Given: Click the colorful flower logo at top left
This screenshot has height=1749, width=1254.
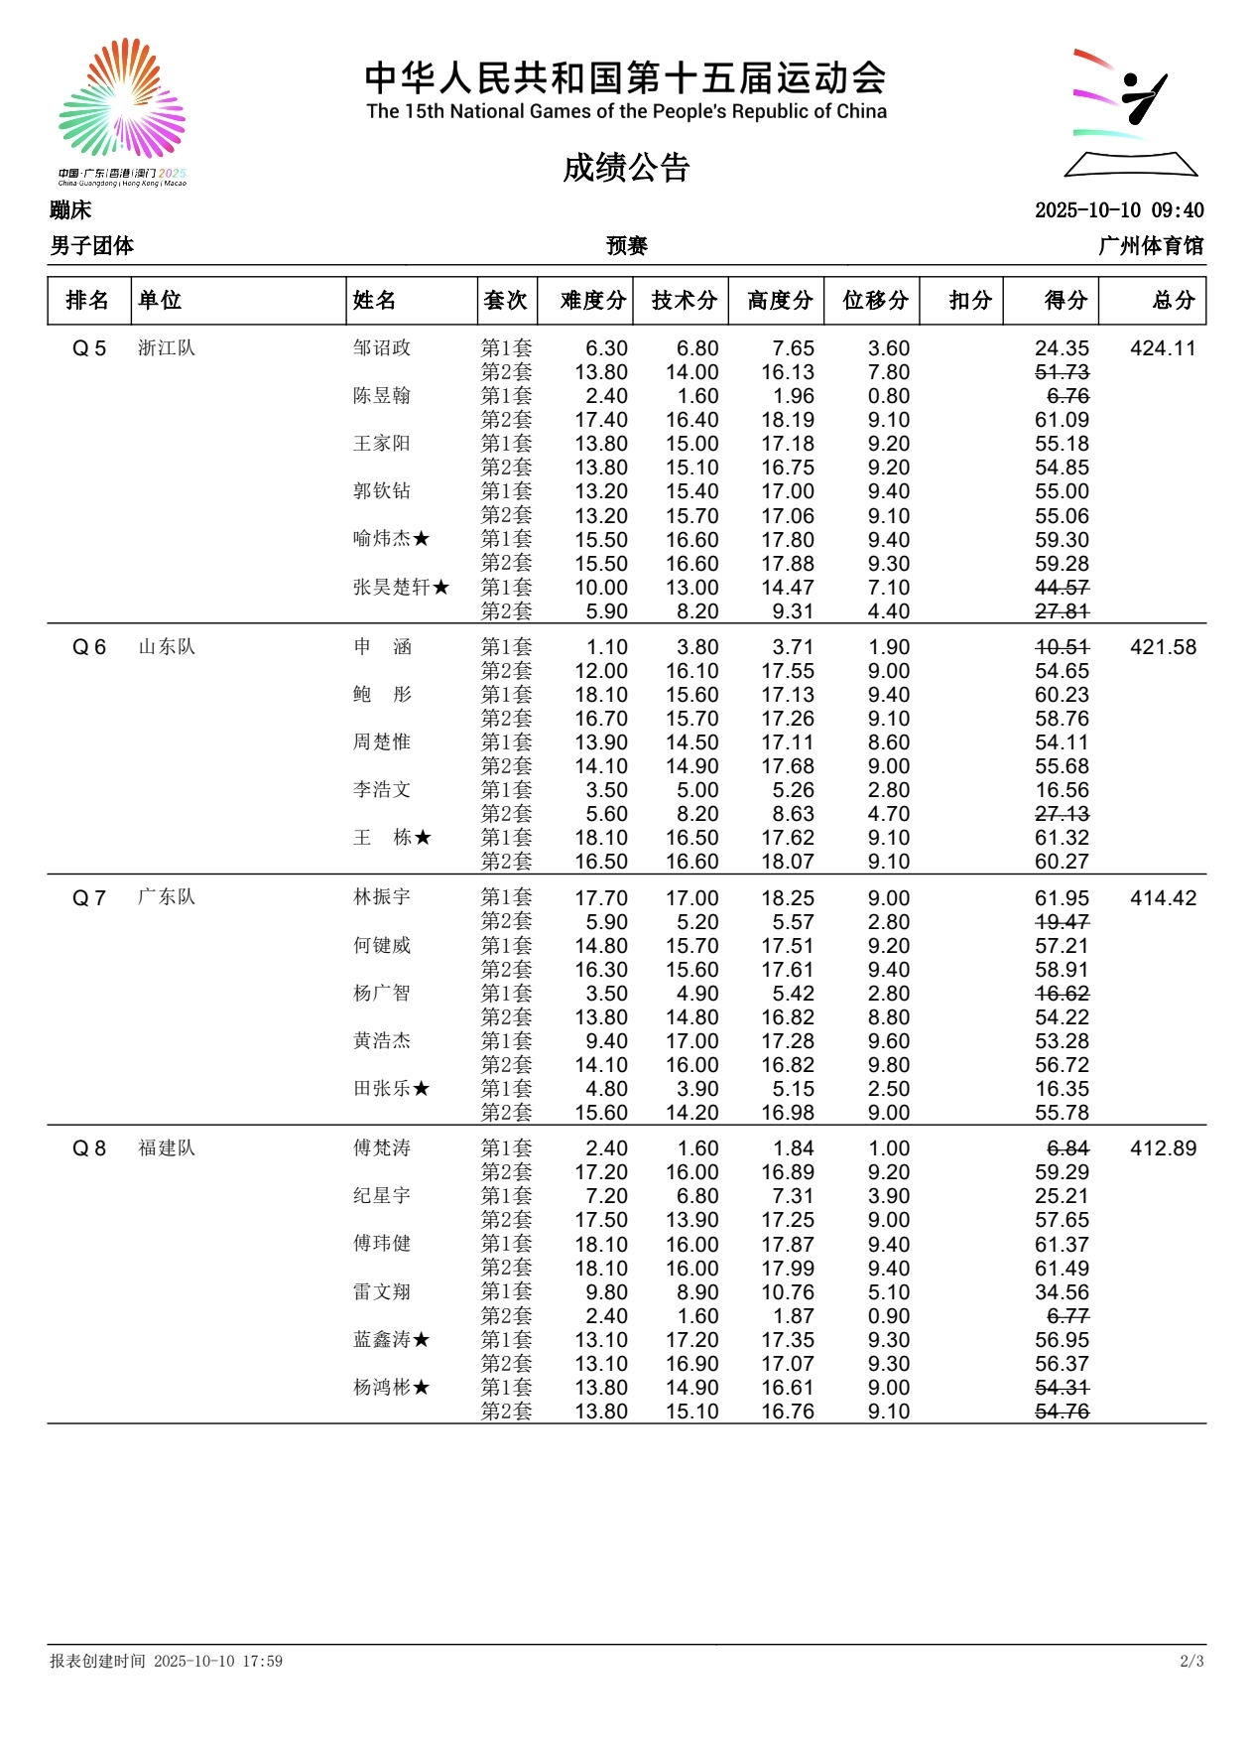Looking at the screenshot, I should tap(122, 99).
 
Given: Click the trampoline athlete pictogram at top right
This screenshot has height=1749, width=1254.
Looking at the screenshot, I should tap(1131, 112).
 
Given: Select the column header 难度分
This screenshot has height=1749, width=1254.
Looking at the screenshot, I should tap(593, 300).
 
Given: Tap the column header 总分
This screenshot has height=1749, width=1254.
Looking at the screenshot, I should tap(1174, 300).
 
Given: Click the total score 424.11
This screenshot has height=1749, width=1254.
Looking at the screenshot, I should tap(1163, 348).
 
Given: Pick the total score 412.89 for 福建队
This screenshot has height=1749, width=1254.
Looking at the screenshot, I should tap(1163, 1148).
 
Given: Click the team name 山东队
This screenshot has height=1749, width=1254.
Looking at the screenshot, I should tap(167, 647).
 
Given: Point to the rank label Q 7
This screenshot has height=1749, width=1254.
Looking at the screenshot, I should tap(89, 898).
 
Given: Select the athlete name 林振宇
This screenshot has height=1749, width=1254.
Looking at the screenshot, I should tap(382, 897).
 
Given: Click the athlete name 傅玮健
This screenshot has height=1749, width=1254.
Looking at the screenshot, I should tap(382, 1244).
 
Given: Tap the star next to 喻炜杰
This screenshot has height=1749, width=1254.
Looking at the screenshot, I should tap(422, 539).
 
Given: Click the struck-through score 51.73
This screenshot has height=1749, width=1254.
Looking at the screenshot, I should tap(1062, 372).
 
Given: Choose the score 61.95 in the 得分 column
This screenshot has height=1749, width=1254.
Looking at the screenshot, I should tap(1062, 898).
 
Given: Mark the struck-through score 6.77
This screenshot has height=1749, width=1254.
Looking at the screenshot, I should tap(1067, 1316).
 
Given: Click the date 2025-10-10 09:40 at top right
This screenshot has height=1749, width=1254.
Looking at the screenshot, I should tap(1119, 210).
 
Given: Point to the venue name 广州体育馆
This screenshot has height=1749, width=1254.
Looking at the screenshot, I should tap(1151, 245).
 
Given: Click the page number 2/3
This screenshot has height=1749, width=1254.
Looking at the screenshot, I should tap(1191, 1661).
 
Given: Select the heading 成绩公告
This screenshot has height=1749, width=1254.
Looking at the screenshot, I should tap(626, 168).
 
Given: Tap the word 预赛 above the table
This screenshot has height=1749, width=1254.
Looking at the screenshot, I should tap(627, 245).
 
